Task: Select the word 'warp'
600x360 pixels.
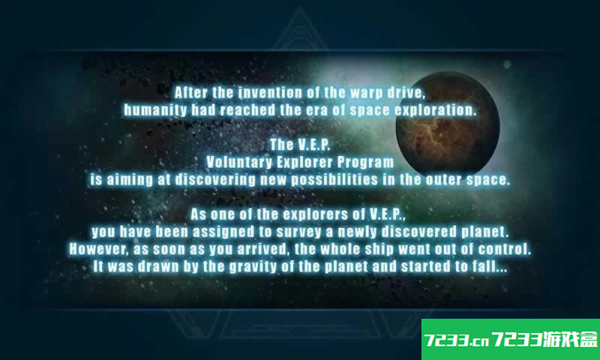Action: click(x=366, y=93)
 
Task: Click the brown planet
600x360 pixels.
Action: click(x=448, y=123)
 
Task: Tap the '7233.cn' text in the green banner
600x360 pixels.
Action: click(x=457, y=340)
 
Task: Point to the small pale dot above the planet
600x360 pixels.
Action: click(x=507, y=64)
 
